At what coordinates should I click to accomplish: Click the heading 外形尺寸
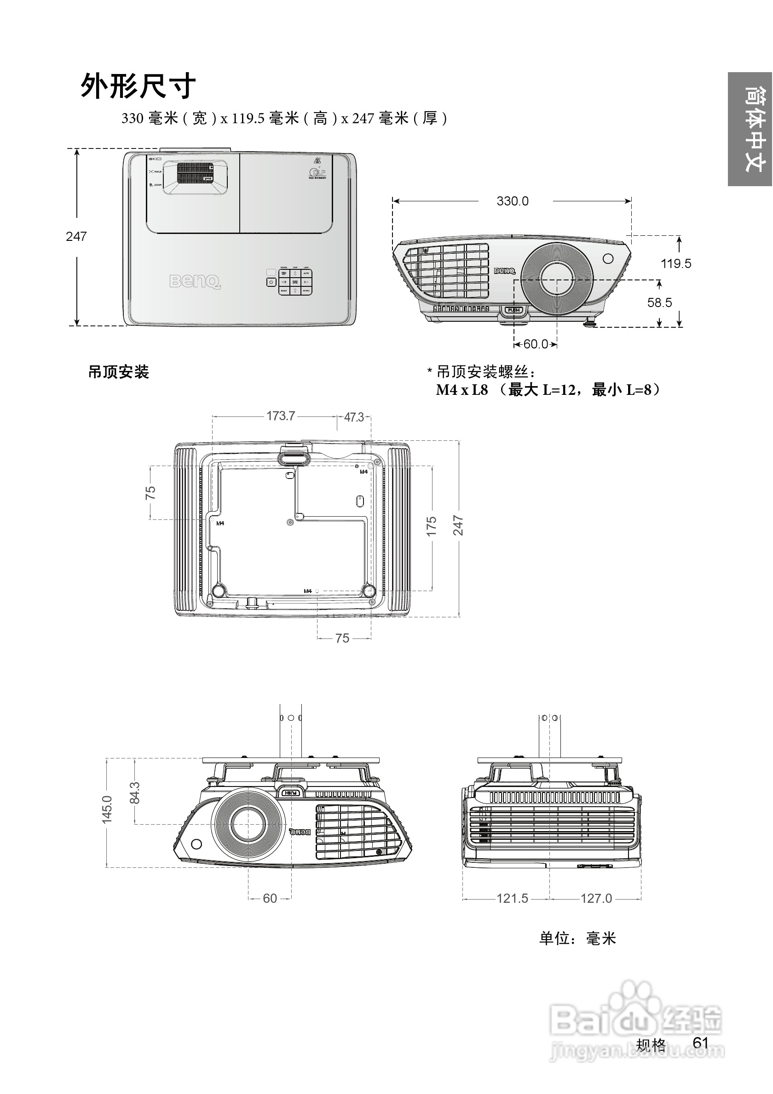(138, 87)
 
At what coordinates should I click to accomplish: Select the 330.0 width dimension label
(512, 201)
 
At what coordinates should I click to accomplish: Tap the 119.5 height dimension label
(675, 263)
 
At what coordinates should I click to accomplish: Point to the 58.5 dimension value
(659, 302)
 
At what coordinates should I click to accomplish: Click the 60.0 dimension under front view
(536, 344)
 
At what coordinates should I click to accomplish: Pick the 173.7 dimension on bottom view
(280, 416)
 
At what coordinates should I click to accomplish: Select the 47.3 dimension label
(354, 417)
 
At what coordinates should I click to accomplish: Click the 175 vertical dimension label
(432, 526)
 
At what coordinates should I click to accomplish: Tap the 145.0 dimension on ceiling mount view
(107, 809)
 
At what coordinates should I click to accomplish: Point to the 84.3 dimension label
(135, 792)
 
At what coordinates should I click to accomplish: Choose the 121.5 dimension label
(512, 898)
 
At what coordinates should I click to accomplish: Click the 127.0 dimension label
(595, 898)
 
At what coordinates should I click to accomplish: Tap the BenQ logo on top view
(195, 281)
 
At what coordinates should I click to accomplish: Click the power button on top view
(271, 282)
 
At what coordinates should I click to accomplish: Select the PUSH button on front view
(513, 310)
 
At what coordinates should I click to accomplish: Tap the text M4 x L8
(462, 390)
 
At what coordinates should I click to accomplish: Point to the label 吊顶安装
(118, 372)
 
